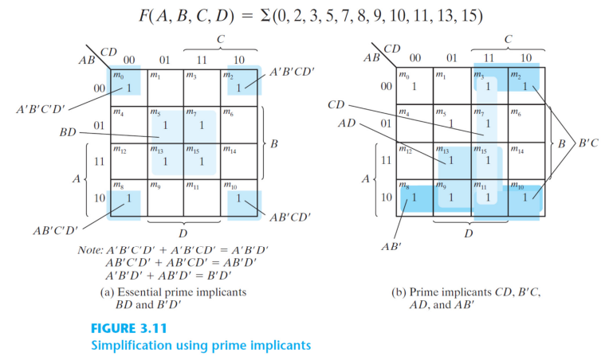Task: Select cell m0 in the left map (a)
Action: click(x=128, y=85)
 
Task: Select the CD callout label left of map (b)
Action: click(x=336, y=104)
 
